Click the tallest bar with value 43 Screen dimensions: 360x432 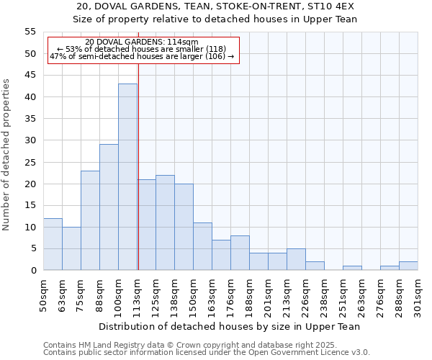(x=127, y=176)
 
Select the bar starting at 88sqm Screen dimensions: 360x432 (x=109, y=207)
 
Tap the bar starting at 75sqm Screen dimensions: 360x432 (x=90, y=220)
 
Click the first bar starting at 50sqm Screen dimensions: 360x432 (x=53, y=244)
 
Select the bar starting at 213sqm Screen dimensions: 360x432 (x=296, y=259)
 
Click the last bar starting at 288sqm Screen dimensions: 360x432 (x=408, y=266)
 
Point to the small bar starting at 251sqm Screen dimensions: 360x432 (x=352, y=268)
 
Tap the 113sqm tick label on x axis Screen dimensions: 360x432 (x=138, y=295)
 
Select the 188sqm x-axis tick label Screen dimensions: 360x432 (x=250, y=295)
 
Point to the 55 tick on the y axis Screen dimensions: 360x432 (x=30, y=32)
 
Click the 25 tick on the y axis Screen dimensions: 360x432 (x=30, y=162)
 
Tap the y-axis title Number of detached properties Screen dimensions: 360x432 (x=7, y=155)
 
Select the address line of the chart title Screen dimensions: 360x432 (x=215, y=6)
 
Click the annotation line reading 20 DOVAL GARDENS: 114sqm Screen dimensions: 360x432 (x=141, y=42)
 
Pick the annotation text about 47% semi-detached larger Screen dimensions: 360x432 (x=141, y=56)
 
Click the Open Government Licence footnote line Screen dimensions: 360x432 (x=206, y=352)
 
